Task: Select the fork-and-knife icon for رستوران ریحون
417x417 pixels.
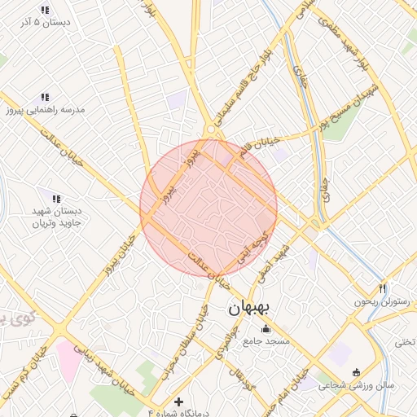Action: [383, 289]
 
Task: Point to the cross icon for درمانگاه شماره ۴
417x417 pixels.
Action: [179, 402]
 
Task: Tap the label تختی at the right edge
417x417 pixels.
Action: [406, 342]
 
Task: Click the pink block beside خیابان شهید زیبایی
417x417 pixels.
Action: [68, 359]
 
